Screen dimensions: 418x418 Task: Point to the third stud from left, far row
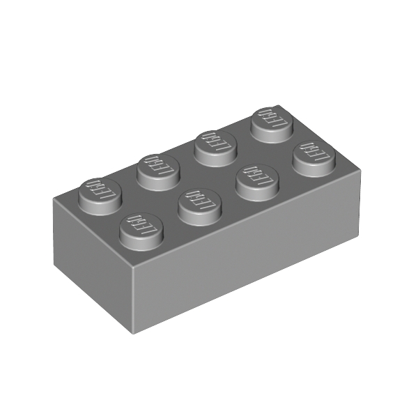(214, 144)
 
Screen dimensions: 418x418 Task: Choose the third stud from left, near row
(256, 178)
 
